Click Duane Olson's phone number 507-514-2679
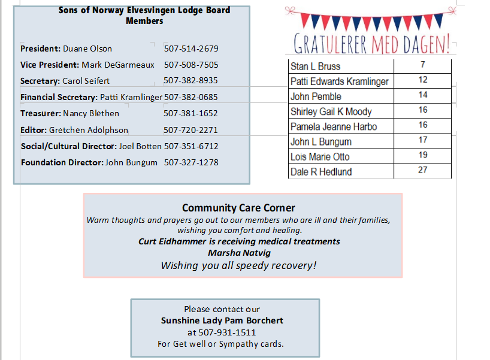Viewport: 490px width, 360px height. click(191, 49)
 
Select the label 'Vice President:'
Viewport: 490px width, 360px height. click(50, 65)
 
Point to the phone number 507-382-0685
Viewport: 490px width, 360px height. click(191, 97)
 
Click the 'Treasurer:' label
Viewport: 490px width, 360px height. click(41, 113)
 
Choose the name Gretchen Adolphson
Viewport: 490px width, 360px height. click(89, 130)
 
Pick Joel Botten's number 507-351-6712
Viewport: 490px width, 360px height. click(191, 146)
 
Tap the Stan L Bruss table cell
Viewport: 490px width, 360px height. click(315, 66)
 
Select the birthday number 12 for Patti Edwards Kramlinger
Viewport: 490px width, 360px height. click(423, 80)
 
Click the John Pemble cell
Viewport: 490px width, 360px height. click(316, 96)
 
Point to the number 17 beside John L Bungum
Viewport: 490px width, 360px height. click(423, 140)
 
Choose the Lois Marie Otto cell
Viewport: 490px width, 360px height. click(320, 157)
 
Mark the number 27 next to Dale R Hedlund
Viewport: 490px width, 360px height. click(423, 170)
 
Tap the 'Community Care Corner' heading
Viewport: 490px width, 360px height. click(238, 208)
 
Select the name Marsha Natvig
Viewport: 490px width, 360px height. click(239, 253)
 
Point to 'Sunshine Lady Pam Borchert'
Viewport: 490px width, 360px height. click(222, 320)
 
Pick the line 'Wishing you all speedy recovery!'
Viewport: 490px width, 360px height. click(238, 265)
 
